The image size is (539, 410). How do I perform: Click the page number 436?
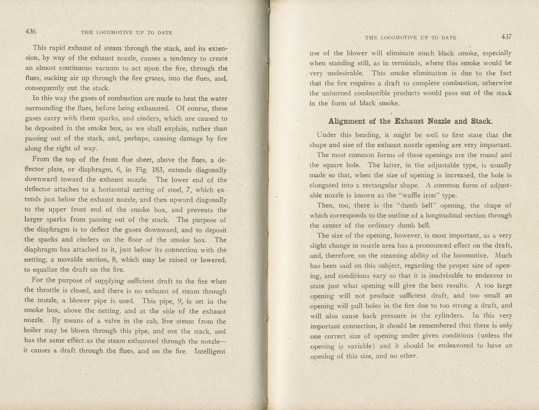pyautogui.click(x=31, y=32)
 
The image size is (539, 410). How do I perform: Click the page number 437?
pyautogui.click(x=506, y=37)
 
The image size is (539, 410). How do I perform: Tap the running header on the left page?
pyautogui.click(x=126, y=33)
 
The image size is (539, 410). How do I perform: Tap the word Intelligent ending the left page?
pyautogui.click(x=210, y=351)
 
